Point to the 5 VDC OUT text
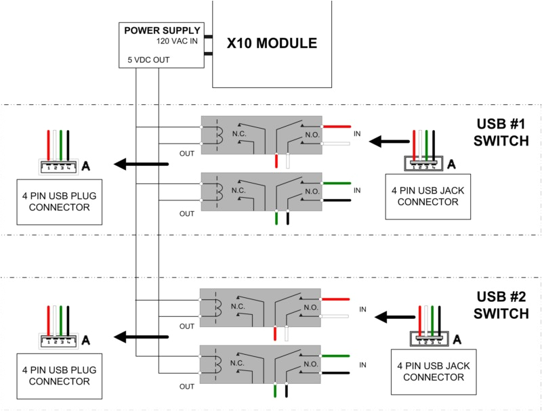point(148,61)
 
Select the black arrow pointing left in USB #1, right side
point(387,142)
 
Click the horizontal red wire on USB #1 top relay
point(337,127)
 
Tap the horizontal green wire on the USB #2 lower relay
point(337,356)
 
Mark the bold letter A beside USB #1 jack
point(453,163)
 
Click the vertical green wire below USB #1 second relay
point(276,219)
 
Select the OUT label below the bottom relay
point(187,387)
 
